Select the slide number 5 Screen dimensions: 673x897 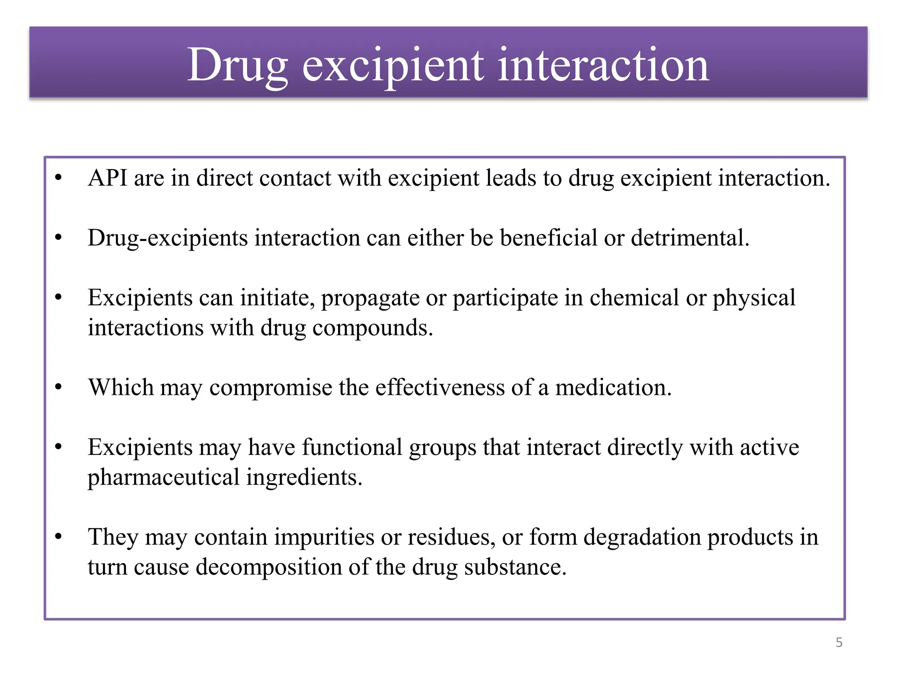[839, 642]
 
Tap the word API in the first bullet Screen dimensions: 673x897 [107, 178]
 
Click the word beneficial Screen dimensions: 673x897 [548, 238]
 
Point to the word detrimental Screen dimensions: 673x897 [690, 238]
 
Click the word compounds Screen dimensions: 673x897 [372, 328]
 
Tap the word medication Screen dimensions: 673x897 [613, 388]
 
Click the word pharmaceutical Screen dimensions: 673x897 [163, 478]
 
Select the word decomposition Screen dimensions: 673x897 [268, 567]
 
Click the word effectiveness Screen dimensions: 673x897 [440, 388]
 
